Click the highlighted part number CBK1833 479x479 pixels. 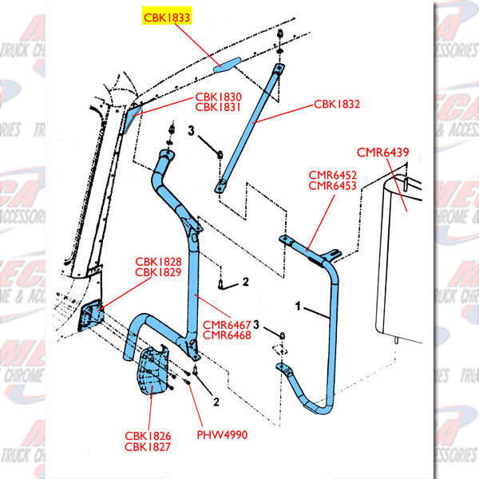[167, 16]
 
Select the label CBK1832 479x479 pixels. [337, 104]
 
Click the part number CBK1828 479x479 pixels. [158, 261]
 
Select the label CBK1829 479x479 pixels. [158, 273]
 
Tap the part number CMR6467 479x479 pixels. [227, 324]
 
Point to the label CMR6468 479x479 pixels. [227, 336]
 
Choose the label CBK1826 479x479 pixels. [148, 436]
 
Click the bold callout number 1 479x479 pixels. [299, 305]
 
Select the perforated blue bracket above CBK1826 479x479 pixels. [151, 372]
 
